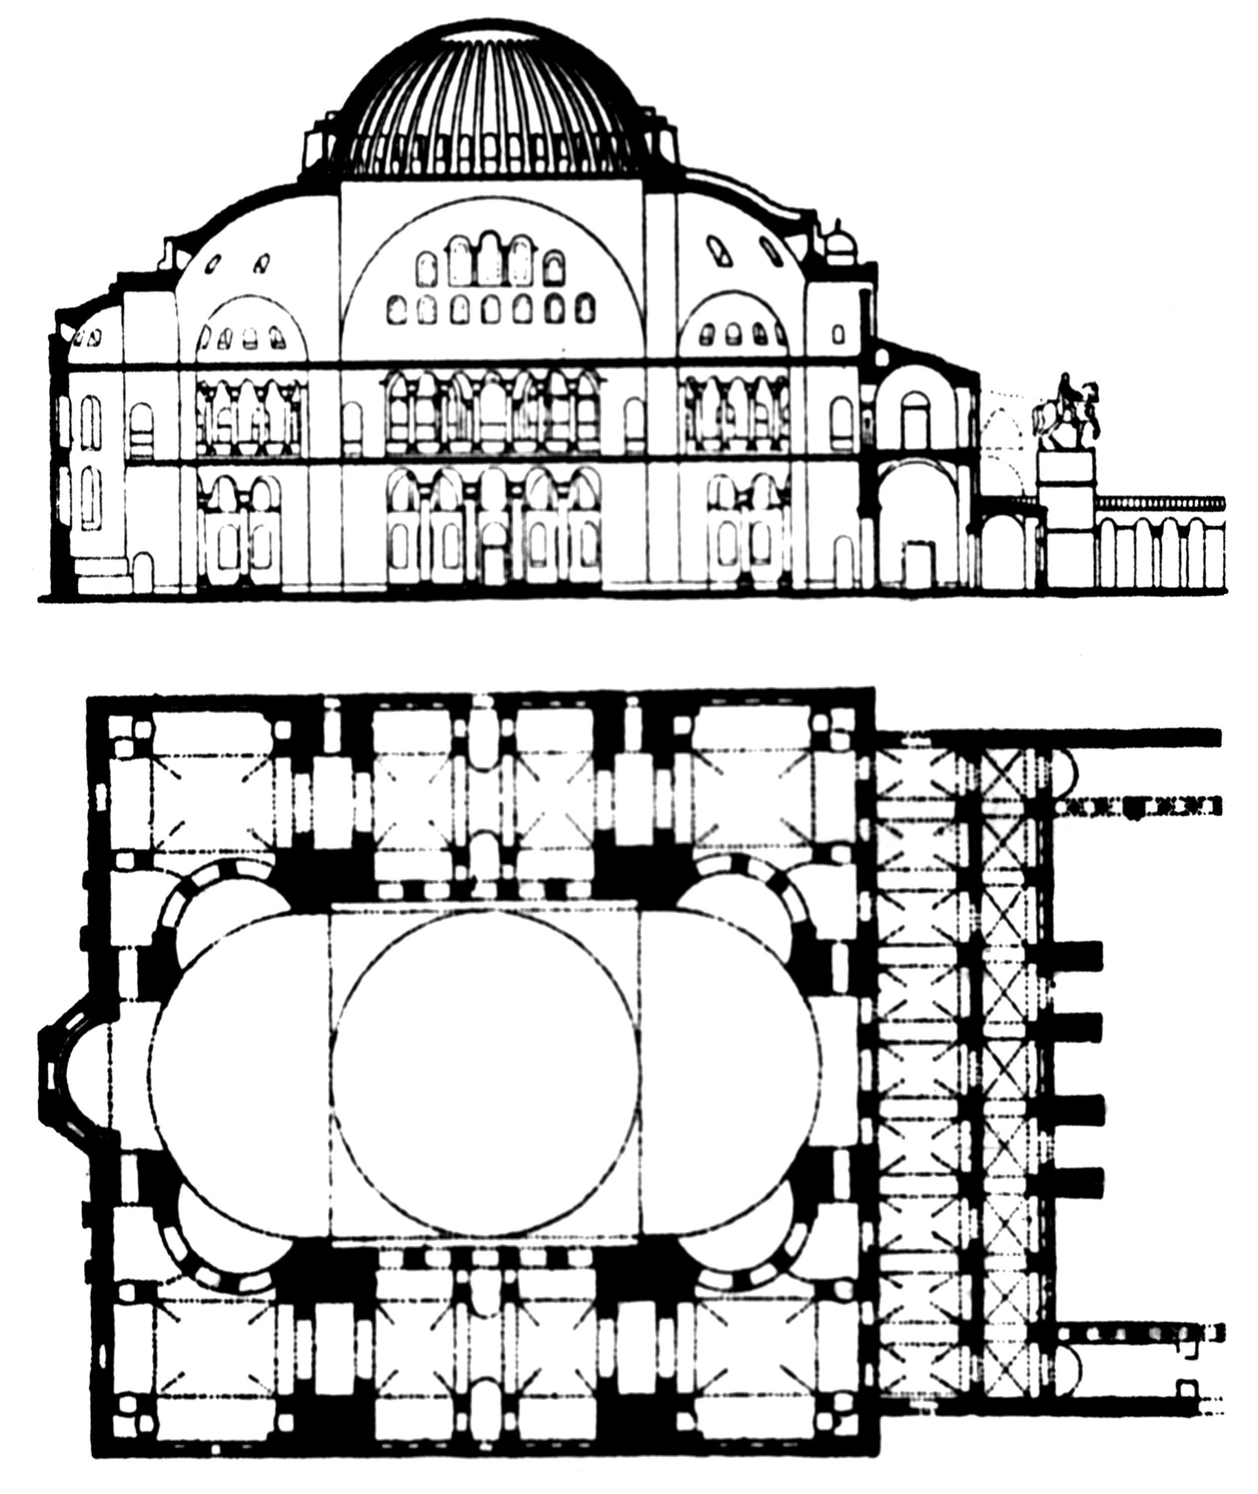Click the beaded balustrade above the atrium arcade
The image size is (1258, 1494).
point(1159,503)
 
